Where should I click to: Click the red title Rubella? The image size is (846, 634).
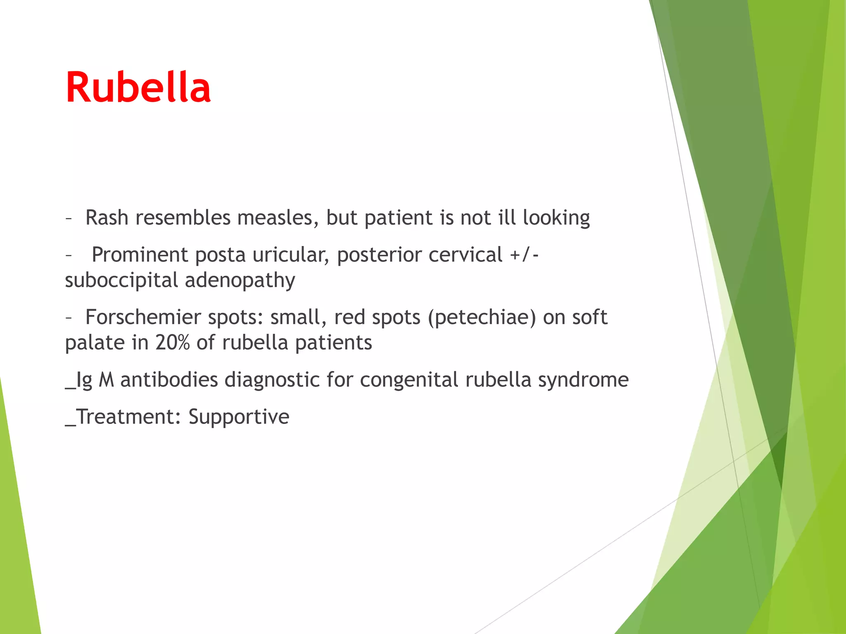point(138,88)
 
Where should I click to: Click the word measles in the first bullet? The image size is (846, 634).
point(278,218)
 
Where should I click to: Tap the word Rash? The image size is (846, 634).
point(107,218)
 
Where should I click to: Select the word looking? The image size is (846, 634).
point(556,218)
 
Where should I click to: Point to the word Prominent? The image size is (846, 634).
point(140,255)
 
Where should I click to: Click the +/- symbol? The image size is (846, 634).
point(524,255)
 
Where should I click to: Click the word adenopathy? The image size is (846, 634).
point(240,280)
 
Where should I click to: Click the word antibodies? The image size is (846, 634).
point(169,380)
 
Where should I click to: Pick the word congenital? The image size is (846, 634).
point(409,380)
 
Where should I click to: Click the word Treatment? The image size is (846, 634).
point(128,416)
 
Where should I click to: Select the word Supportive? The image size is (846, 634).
point(239,416)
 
